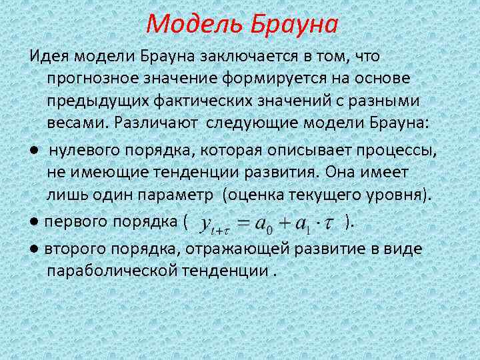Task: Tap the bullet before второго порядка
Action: [33, 249]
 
